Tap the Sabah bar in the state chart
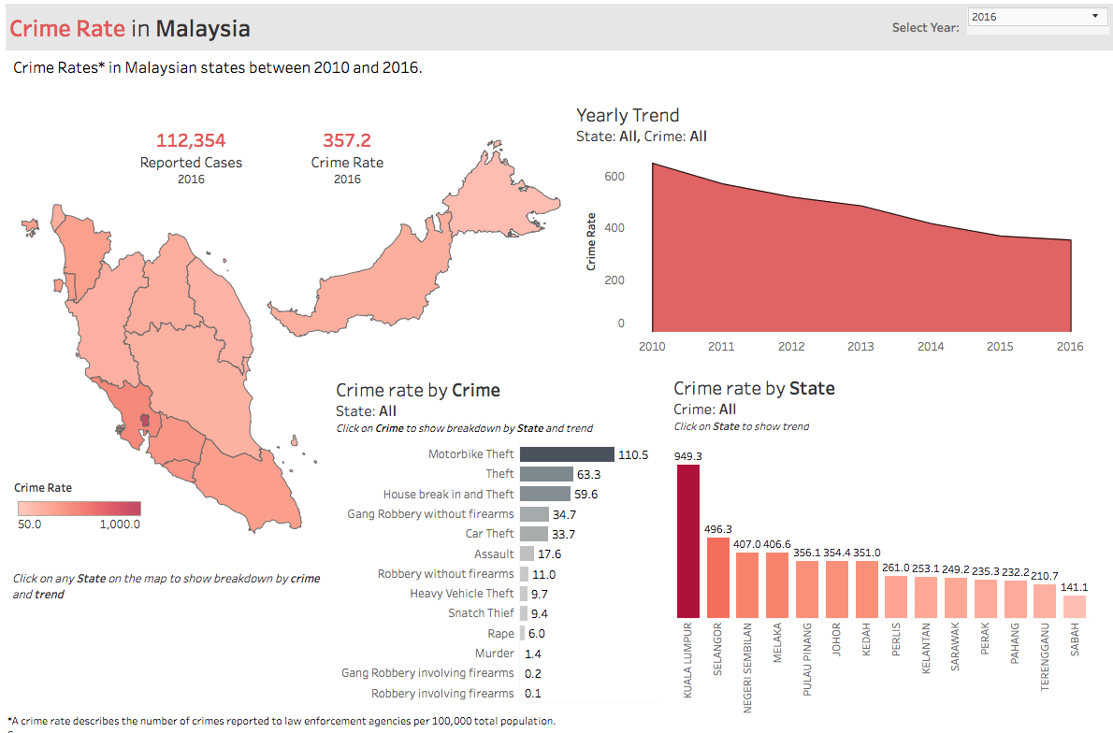(1075, 606)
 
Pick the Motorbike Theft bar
(567, 454)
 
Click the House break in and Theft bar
(545, 494)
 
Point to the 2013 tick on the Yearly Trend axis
(860, 347)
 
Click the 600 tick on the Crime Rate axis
(614, 177)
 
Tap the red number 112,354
(191, 141)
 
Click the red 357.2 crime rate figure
(347, 141)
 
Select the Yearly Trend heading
(628, 116)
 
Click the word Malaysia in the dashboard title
(203, 29)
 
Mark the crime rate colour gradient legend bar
(79, 509)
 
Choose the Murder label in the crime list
(494, 654)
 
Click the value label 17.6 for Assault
(550, 554)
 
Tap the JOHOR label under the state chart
(838, 640)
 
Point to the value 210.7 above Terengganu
(1045, 576)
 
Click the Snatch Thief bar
(524, 613)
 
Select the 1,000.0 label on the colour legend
(121, 525)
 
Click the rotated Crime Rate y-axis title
(591, 242)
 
